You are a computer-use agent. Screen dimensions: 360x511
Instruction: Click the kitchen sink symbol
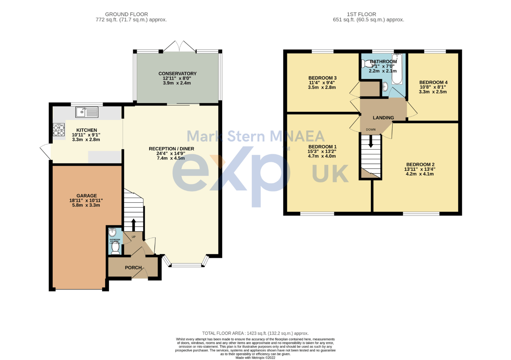pos(87,112)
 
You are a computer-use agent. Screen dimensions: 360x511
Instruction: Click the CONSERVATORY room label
pos(177,73)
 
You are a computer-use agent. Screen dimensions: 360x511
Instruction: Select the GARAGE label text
pos(86,196)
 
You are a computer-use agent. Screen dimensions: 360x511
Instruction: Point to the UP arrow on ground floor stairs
pos(133,224)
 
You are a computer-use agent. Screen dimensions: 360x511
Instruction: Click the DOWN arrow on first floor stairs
pos(371,142)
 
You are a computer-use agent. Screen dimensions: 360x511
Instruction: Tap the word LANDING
pos(383,118)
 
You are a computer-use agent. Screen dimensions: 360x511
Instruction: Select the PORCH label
pos(133,268)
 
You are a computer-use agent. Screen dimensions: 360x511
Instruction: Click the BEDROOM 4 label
pos(433,82)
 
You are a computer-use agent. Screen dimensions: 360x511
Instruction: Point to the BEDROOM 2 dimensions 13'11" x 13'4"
pos(420,169)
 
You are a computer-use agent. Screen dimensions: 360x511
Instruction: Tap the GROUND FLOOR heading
pos(126,14)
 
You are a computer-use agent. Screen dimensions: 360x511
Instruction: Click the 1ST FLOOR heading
pos(361,14)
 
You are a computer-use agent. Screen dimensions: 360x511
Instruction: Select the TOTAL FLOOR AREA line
pos(255,333)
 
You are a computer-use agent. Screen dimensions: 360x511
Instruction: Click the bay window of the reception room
pos(186,265)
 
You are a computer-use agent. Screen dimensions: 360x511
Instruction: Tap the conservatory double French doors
pos(179,47)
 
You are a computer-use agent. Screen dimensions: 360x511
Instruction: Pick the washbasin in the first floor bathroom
pos(385,86)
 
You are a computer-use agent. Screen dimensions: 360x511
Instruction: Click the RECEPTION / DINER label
pos(171,149)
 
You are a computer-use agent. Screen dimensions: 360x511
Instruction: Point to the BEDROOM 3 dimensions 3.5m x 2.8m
pos(322,87)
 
